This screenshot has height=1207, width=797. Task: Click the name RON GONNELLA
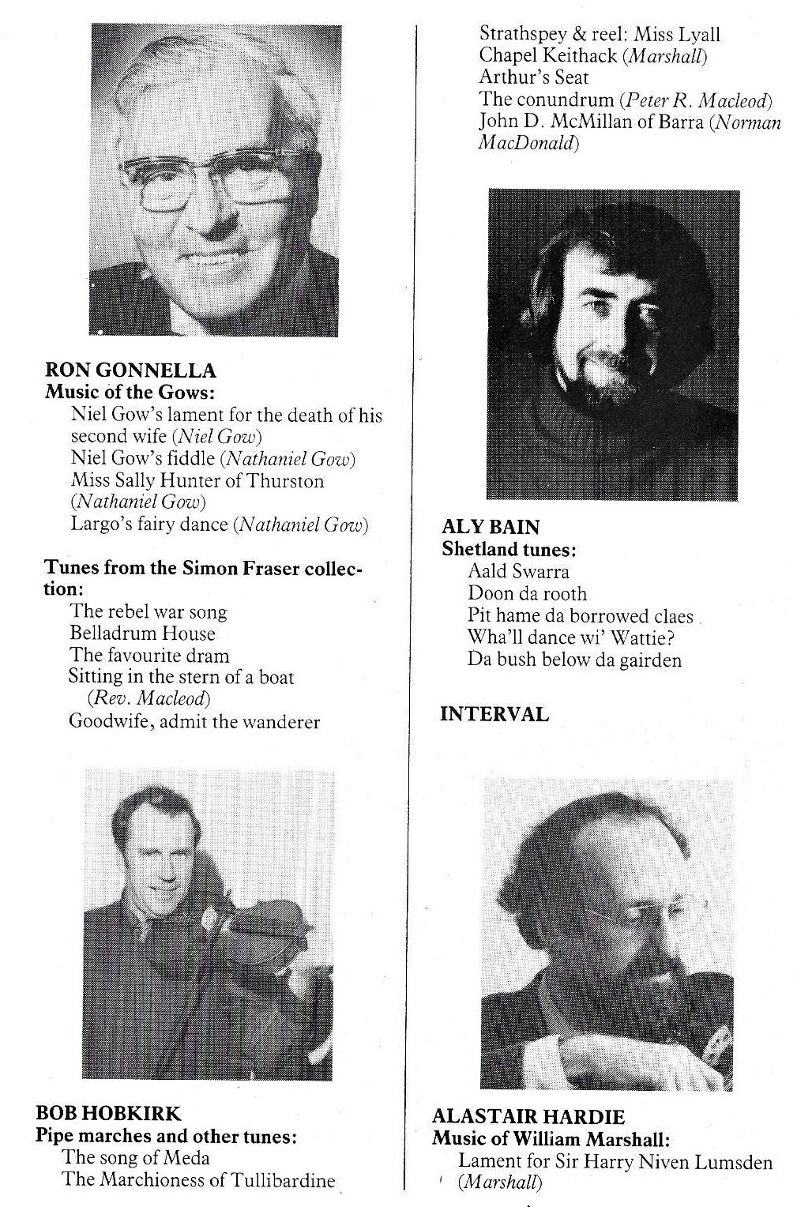(130, 370)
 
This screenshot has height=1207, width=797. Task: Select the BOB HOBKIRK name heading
(108, 1114)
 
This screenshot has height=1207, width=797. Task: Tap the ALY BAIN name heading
(491, 527)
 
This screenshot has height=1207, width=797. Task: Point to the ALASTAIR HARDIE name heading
(528, 1116)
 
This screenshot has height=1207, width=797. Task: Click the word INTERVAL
(494, 714)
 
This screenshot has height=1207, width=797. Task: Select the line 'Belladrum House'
(142, 634)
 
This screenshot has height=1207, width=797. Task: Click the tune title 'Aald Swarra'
(518, 571)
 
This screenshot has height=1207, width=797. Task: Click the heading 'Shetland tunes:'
(508, 549)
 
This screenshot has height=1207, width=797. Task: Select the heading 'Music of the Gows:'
(130, 392)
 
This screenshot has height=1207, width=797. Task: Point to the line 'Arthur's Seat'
(533, 77)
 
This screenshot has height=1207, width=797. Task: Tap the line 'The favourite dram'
(149, 656)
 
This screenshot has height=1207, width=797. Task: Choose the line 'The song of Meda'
(136, 1158)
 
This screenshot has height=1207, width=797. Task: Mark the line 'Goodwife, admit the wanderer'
(194, 721)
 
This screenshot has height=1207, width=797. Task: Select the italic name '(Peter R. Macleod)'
(695, 100)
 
